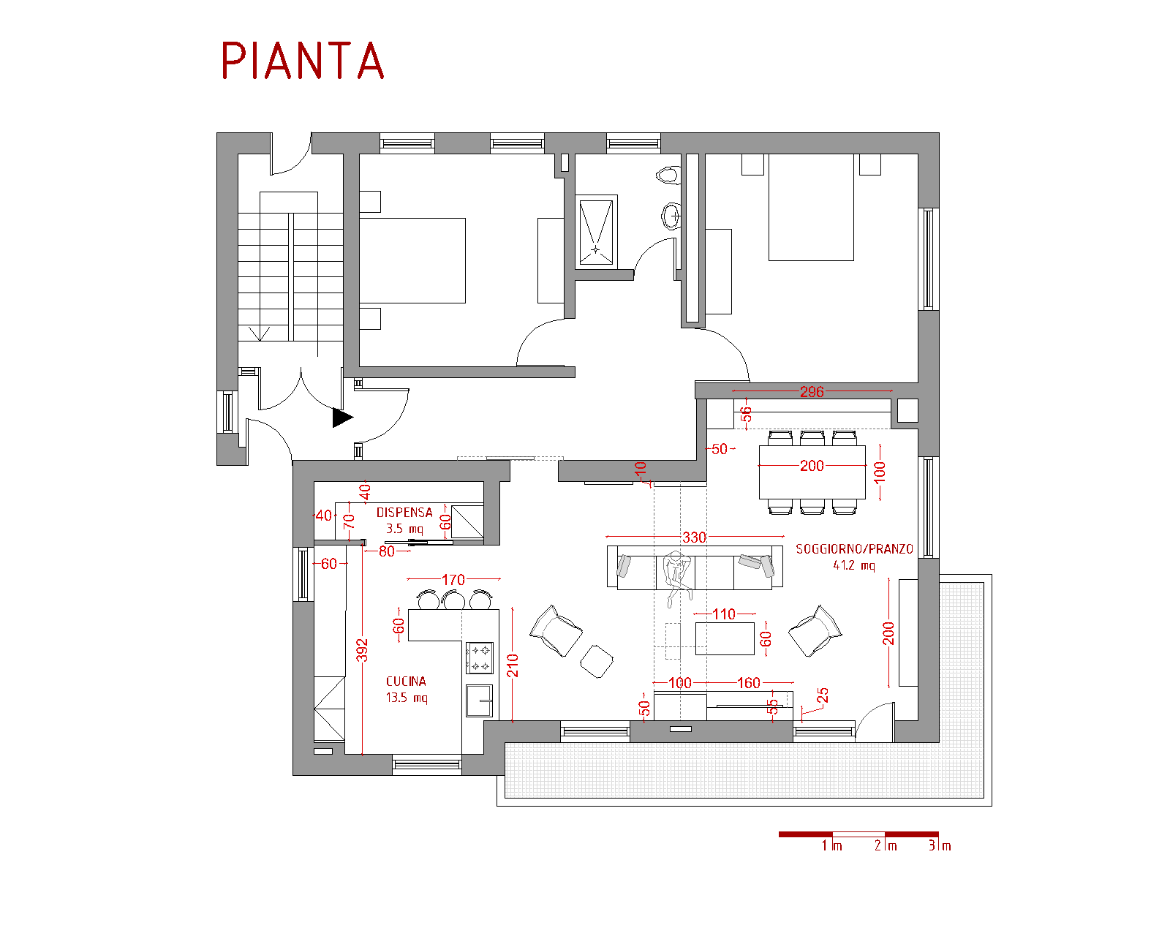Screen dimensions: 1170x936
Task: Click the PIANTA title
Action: pyautogui.click(x=302, y=61)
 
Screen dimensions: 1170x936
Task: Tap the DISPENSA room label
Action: pyautogui.click(x=404, y=513)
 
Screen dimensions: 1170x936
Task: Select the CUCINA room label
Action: pyautogui.click(x=406, y=681)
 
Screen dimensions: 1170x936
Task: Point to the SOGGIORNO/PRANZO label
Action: pyautogui.click(x=854, y=548)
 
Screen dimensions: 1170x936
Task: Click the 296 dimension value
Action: pyautogui.click(x=812, y=392)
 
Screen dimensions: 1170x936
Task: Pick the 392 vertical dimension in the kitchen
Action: pyautogui.click(x=362, y=650)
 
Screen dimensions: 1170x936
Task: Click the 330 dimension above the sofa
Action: pyautogui.click(x=694, y=537)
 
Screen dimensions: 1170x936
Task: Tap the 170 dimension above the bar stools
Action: pyautogui.click(x=453, y=580)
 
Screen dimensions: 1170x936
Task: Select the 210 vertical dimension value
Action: pyautogui.click(x=513, y=665)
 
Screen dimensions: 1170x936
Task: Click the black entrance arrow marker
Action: pyautogui.click(x=342, y=418)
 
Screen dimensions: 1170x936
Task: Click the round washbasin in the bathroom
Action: pyautogui.click(x=672, y=216)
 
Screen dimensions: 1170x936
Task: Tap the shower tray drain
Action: pyautogui.click(x=595, y=249)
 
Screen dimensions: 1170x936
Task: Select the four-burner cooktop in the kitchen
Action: pyautogui.click(x=480, y=658)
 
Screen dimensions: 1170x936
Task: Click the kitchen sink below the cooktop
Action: pyautogui.click(x=479, y=701)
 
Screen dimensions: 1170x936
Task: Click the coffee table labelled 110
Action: pyautogui.click(x=725, y=638)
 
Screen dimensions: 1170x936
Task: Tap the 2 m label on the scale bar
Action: pyautogui.click(x=886, y=846)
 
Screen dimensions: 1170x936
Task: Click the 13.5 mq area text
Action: pyautogui.click(x=407, y=698)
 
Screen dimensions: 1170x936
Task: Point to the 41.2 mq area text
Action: pyautogui.click(x=854, y=566)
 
